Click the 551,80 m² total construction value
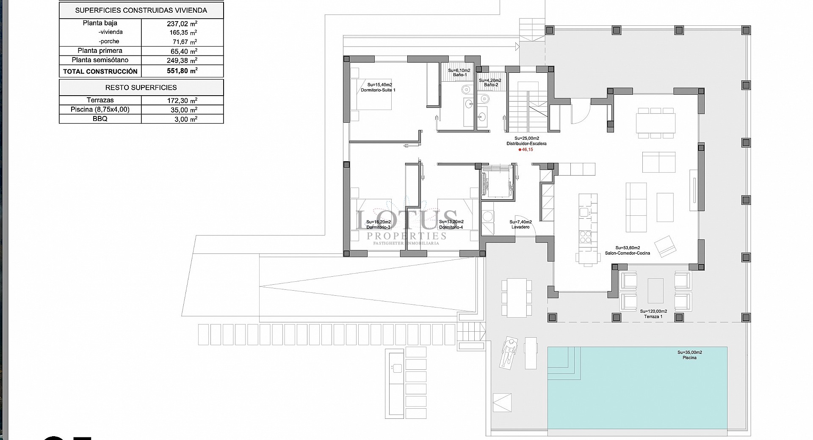[x=182, y=71]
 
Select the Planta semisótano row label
[x=100, y=60]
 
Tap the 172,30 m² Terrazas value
[x=182, y=101]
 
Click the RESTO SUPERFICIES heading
[x=141, y=88]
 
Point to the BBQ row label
[x=100, y=119]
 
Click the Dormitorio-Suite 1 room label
[x=378, y=90]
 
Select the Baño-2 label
[x=491, y=85]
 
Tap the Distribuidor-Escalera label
[x=526, y=143]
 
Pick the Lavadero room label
[x=520, y=227]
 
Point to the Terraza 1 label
[x=653, y=316]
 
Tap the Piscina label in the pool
[x=689, y=357]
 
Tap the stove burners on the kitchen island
[x=586, y=237]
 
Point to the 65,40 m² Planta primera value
[x=182, y=51]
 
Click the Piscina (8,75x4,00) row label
[x=100, y=110]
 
